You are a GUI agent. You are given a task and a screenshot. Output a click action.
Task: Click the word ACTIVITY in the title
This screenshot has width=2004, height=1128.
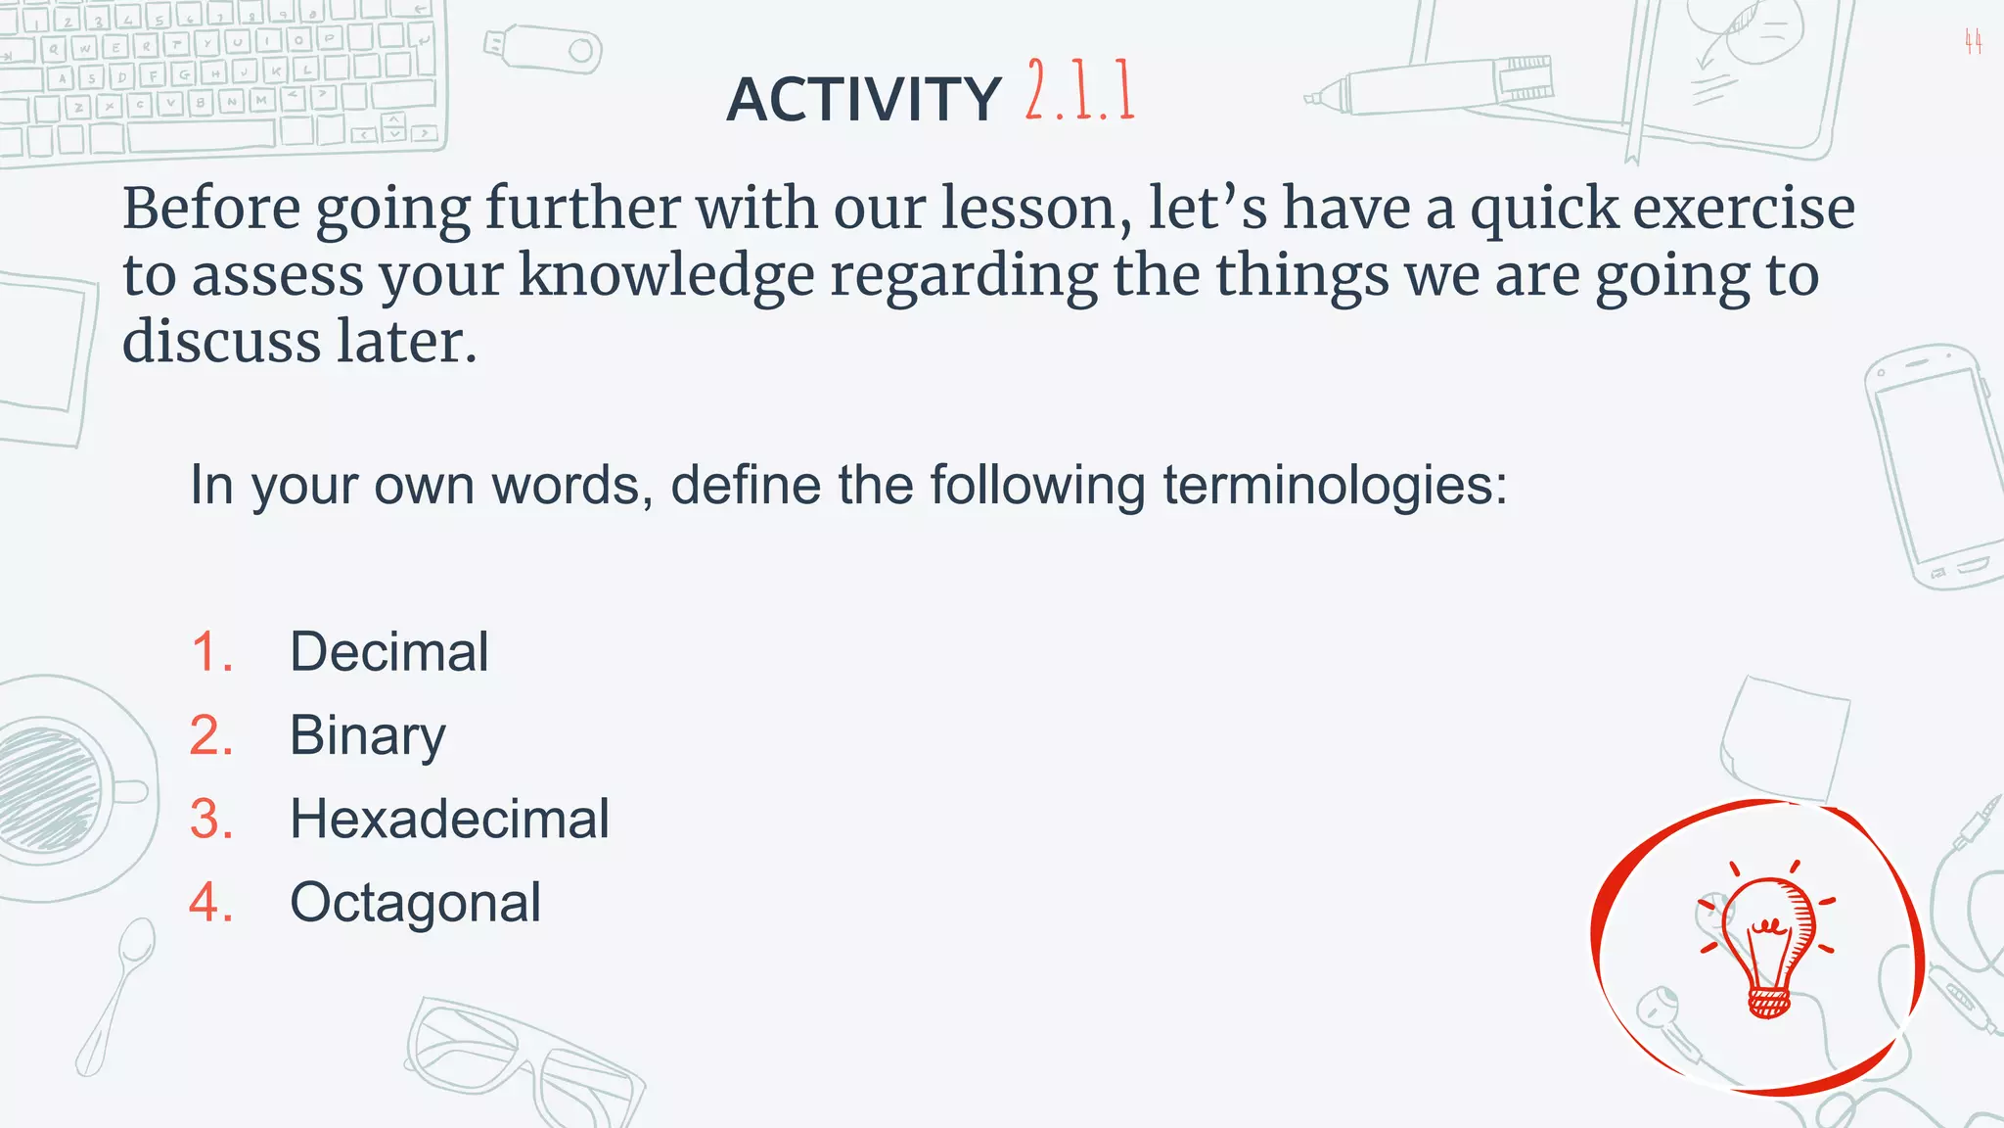click(x=863, y=100)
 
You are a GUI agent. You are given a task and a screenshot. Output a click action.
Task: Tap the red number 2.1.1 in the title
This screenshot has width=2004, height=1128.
click(x=1080, y=91)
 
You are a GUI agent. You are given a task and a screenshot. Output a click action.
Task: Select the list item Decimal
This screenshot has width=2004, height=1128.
click(x=388, y=652)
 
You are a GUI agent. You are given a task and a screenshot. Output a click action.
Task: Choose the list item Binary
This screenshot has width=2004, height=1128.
click(x=367, y=735)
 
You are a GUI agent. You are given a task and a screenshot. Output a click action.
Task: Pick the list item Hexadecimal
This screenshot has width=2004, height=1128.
click(x=449, y=819)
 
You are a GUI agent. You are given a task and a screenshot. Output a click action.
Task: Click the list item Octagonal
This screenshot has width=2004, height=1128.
click(x=415, y=902)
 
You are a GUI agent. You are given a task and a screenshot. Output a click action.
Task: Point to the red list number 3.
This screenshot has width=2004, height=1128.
click(x=211, y=819)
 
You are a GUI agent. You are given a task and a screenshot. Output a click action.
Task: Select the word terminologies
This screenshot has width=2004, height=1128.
click(x=1335, y=485)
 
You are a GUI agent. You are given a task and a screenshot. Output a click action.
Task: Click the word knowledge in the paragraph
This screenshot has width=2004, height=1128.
click(x=665, y=275)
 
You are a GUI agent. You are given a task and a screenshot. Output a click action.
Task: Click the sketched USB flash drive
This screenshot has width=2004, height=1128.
click(x=544, y=49)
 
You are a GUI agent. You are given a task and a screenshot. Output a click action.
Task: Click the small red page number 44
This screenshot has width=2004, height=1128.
click(x=1973, y=42)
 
